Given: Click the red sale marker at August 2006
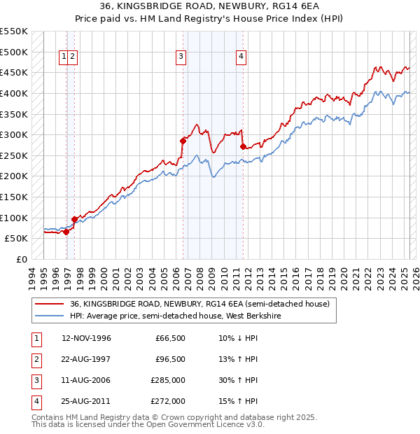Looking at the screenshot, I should point(183,141).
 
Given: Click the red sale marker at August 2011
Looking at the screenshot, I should point(243,146).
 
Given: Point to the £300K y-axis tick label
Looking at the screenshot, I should point(13,134).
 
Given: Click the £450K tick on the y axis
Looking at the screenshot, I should point(13,72).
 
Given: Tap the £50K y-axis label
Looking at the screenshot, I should point(16,238).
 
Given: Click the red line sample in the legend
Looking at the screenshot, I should point(50,304).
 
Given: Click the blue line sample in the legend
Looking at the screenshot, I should point(50,316).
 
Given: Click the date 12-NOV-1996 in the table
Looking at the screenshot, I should point(87,338).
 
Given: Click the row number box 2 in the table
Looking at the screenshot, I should point(35,360).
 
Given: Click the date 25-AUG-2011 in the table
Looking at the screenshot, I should point(86,402).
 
